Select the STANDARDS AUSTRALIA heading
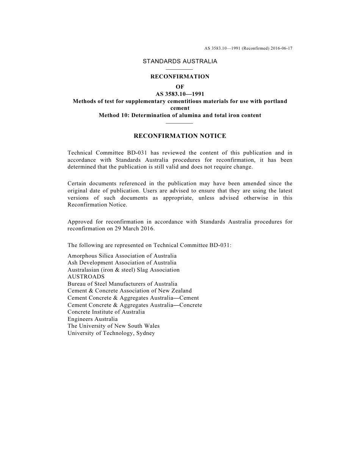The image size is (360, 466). pos(180,61)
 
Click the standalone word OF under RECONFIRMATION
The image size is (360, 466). pos(180,87)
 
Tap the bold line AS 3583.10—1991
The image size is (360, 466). pos(180,94)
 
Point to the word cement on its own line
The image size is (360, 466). pos(180,108)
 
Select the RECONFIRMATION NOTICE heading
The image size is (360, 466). pos(180,136)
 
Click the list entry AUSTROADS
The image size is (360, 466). pos(86,277)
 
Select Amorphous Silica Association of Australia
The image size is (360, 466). pos(122,256)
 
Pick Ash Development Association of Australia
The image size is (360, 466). pos(122,263)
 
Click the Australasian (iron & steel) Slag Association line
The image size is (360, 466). pos(124,270)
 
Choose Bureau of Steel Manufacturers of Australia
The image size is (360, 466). pos(122,284)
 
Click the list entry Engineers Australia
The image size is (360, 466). pos(92,319)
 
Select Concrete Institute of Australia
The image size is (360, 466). pos(106,312)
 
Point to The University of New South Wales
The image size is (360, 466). pos(114,326)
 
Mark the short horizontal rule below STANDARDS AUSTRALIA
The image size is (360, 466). pos(180,69)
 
